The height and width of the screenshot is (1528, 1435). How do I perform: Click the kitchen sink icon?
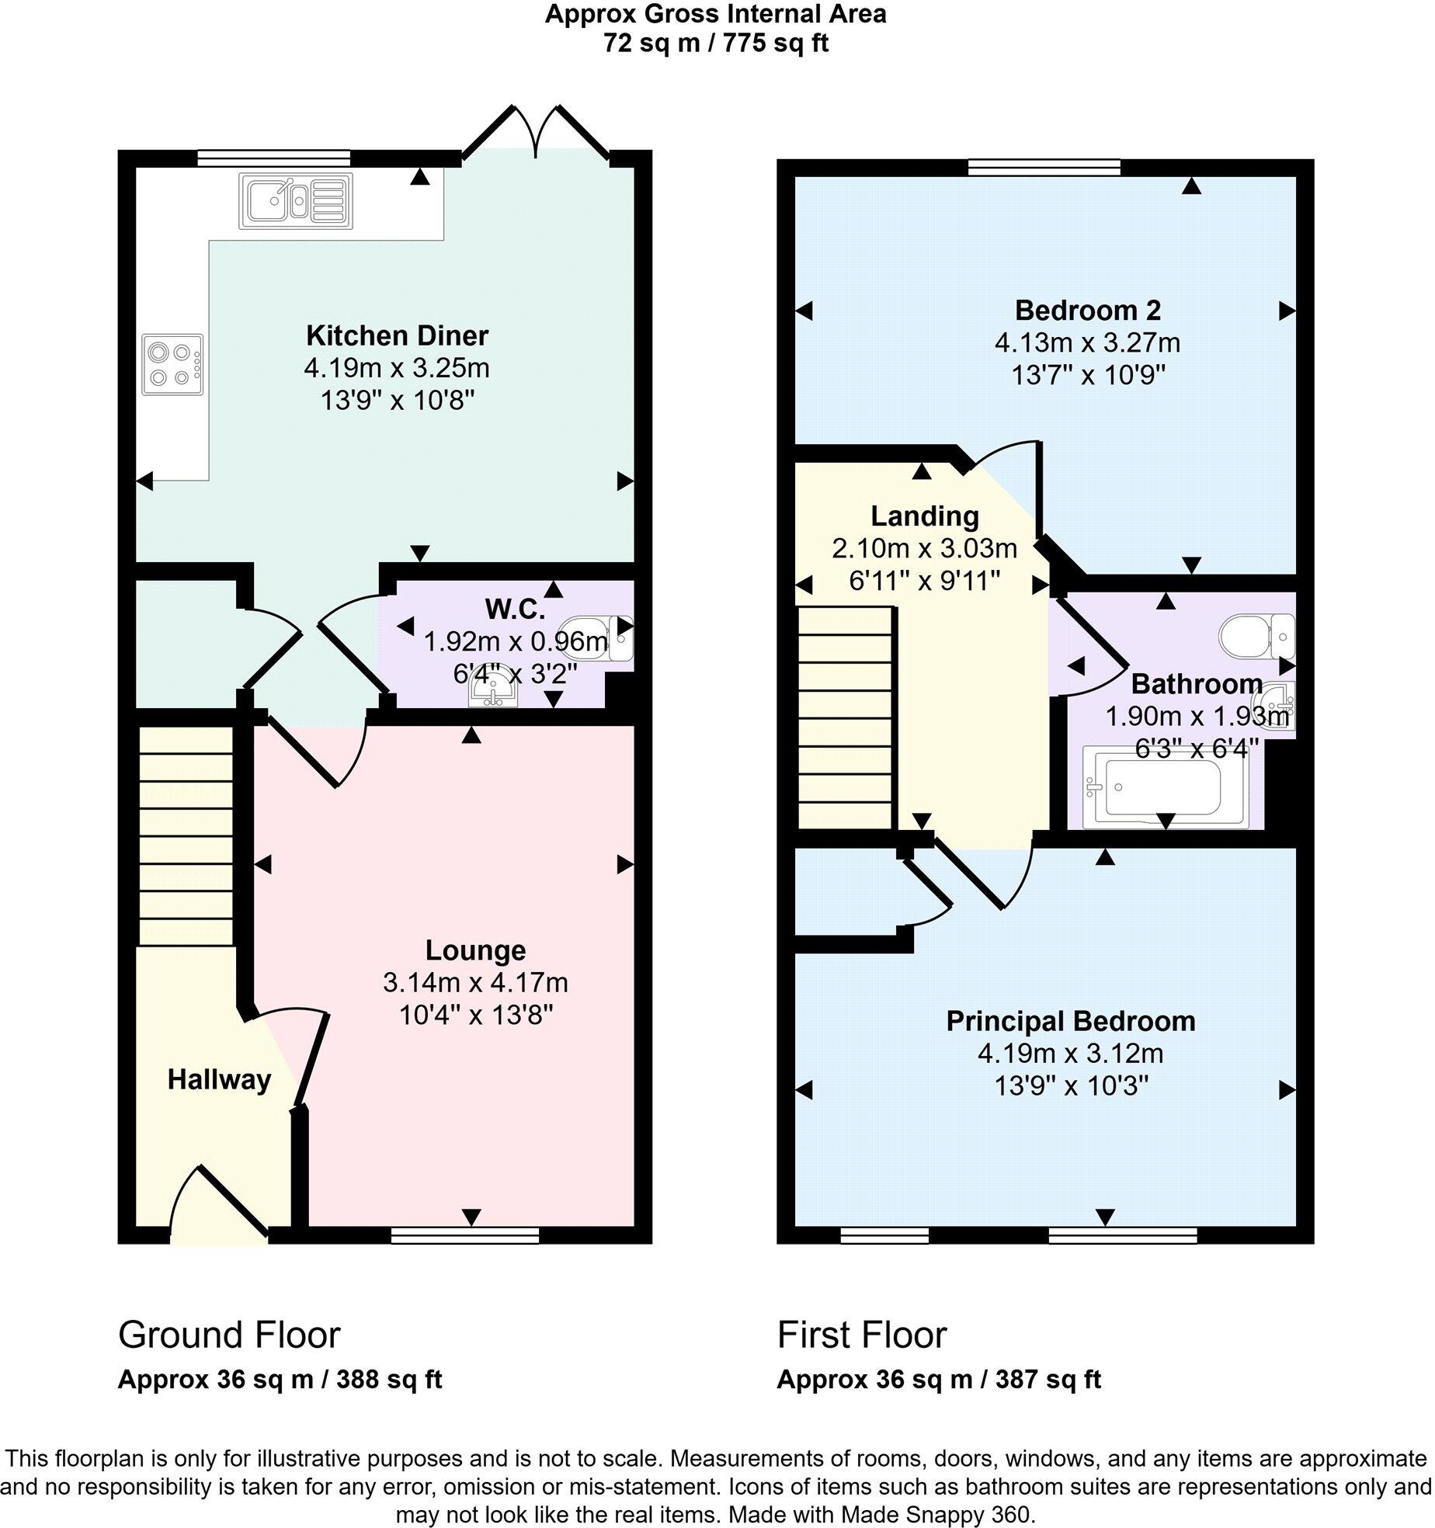tap(296, 200)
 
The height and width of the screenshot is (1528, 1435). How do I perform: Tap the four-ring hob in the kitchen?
tap(172, 364)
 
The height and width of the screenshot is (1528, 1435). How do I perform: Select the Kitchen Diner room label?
tap(397, 336)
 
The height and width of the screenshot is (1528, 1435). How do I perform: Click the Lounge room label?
tap(475, 950)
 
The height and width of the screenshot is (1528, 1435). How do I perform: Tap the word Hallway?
tap(219, 1079)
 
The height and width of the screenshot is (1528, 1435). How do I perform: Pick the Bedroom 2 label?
tap(1087, 311)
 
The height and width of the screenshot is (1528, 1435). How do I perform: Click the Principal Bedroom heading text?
tap(1070, 1021)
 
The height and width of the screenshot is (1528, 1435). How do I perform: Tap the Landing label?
tap(924, 516)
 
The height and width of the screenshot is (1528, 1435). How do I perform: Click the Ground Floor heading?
tap(229, 1335)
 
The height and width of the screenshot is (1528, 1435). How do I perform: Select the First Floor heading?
tap(862, 1335)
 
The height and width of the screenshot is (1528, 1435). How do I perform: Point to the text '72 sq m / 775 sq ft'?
tap(716, 43)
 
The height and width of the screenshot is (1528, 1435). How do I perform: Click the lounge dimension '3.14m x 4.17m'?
tap(475, 983)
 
